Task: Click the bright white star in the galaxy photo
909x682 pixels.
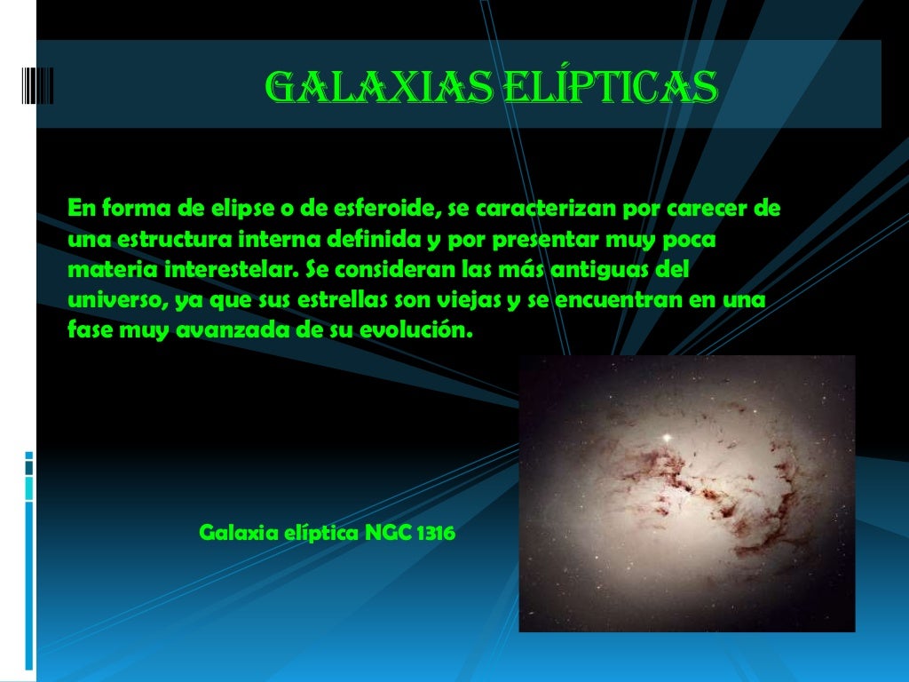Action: (x=666, y=437)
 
